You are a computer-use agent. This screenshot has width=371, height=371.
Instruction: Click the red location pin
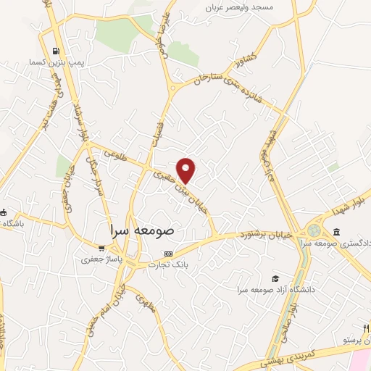tap(187, 170)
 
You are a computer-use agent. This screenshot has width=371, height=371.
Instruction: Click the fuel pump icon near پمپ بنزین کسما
tap(57, 51)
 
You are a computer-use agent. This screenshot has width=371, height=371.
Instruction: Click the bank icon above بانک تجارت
tap(169, 254)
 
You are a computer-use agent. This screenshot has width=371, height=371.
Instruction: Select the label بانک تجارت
tap(168, 265)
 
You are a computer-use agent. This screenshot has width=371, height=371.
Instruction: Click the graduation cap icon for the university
tap(275, 279)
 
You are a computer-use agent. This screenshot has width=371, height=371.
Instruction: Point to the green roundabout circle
tap(313, 230)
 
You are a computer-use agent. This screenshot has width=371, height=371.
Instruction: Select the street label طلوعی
tap(114, 153)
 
